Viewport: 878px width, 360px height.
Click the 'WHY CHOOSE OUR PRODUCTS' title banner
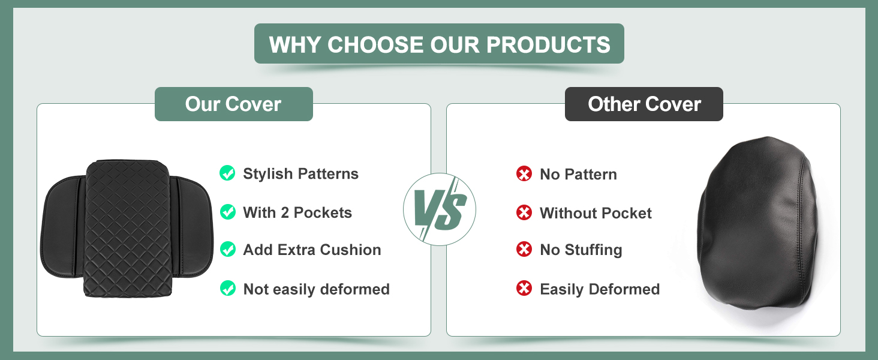point(439,44)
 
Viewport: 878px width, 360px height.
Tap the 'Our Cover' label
point(234,104)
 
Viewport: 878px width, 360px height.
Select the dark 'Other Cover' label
point(644,104)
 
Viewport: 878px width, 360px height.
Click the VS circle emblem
point(440,209)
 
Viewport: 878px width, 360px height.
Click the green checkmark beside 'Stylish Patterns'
point(227,173)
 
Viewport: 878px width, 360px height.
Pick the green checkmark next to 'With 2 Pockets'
point(227,212)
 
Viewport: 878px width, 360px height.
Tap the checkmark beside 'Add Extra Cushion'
point(227,249)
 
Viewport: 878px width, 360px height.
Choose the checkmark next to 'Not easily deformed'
point(227,288)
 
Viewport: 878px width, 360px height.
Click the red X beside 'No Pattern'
point(524,174)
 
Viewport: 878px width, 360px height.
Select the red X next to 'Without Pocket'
point(524,212)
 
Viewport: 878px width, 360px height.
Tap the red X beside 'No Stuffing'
point(524,249)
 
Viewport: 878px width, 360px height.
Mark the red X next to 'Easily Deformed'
point(524,288)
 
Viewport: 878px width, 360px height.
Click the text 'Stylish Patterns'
point(300,173)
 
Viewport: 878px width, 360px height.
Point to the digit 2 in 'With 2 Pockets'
point(284,212)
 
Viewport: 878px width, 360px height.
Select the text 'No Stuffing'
point(581,250)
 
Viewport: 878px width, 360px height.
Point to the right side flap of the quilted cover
point(193,227)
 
